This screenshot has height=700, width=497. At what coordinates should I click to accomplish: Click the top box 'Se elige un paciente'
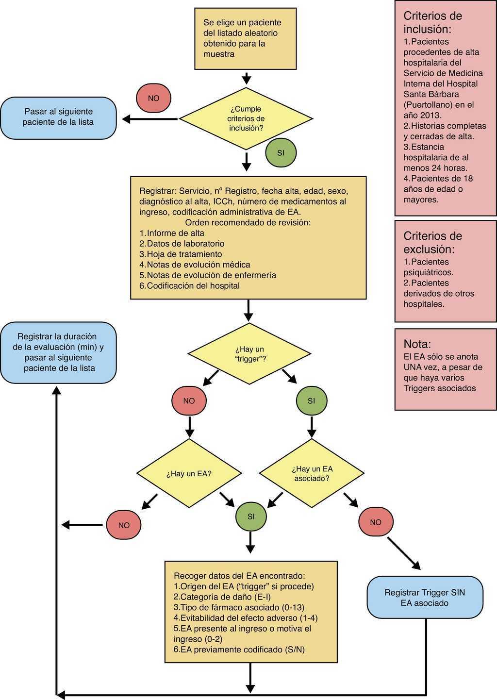click(x=246, y=38)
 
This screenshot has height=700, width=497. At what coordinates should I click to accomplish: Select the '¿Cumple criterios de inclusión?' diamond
click(x=247, y=118)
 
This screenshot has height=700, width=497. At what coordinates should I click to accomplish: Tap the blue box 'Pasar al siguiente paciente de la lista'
click(x=58, y=117)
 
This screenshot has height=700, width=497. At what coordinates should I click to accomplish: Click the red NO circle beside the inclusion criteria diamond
click(x=153, y=98)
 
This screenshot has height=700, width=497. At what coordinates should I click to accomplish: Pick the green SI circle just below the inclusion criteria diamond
click(x=281, y=153)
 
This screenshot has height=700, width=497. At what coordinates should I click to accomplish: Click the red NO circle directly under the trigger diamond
click(x=189, y=400)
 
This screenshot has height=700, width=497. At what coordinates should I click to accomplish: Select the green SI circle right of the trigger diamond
click(x=312, y=400)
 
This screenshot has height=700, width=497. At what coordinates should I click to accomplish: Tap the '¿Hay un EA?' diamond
click(x=189, y=473)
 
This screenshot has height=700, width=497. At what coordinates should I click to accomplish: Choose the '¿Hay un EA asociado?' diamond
click(x=312, y=473)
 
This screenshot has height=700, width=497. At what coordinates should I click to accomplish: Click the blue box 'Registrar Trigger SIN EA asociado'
click(x=425, y=598)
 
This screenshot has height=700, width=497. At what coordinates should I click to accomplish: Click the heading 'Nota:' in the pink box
click(x=417, y=344)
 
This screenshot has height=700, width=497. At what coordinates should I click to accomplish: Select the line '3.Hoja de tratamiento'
click(x=181, y=254)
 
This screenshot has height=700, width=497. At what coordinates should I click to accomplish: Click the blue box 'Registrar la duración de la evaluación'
click(x=58, y=352)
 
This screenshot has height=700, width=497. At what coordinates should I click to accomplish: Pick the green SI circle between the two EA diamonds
click(x=251, y=517)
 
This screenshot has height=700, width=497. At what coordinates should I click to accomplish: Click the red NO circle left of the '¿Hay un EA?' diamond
click(x=124, y=525)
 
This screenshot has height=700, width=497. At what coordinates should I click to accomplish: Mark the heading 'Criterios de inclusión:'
click(x=432, y=22)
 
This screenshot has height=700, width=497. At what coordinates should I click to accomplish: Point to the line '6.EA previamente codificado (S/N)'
click(x=239, y=650)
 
